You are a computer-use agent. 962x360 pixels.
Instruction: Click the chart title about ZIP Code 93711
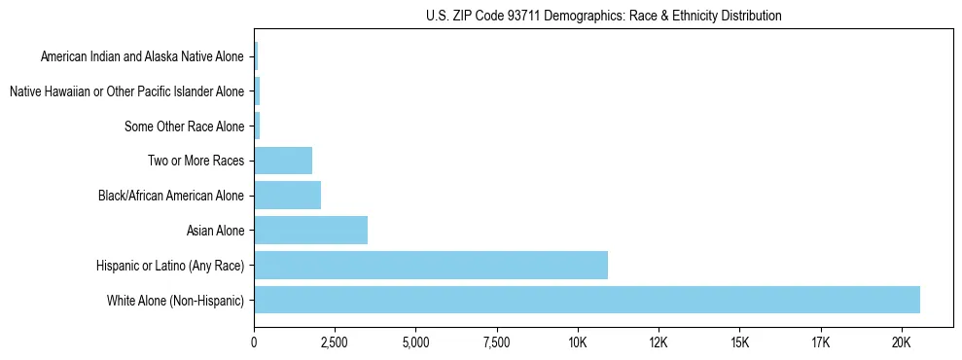pyautogui.click(x=603, y=17)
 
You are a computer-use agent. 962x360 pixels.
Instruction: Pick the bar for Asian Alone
pyautogui.click(x=310, y=231)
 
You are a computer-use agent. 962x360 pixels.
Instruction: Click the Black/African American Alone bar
pyautogui.click(x=287, y=196)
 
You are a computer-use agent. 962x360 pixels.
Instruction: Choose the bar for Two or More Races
pyautogui.click(x=283, y=161)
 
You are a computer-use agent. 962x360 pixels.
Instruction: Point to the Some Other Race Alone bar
pyautogui.click(x=257, y=126)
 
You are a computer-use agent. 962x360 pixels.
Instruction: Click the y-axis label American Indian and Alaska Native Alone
pyautogui.click(x=143, y=56)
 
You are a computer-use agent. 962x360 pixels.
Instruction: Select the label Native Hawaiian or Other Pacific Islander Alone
pyautogui.click(x=126, y=91)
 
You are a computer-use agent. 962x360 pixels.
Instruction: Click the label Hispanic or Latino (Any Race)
pyautogui.click(x=171, y=266)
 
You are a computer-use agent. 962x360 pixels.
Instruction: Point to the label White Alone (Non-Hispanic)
pyautogui.click(x=176, y=301)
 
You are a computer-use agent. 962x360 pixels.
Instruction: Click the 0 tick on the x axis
pyautogui.click(x=254, y=342)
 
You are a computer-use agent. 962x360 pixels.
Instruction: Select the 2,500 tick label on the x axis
pyautogui.click(x=335, y=342)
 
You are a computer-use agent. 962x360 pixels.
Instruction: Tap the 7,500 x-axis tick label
pyautogui.click(x=496, y=342)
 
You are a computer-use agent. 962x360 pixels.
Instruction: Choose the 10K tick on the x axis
pyautogui.click(x=578, y=342)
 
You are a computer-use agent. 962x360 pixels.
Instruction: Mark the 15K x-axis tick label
pyautogui.click(x=739, y=342)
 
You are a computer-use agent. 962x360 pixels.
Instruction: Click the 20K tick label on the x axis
pyautogui.click(x=901, y=342)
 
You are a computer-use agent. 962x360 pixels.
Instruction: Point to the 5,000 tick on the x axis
pyautogui.click(x=415, y=342)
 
